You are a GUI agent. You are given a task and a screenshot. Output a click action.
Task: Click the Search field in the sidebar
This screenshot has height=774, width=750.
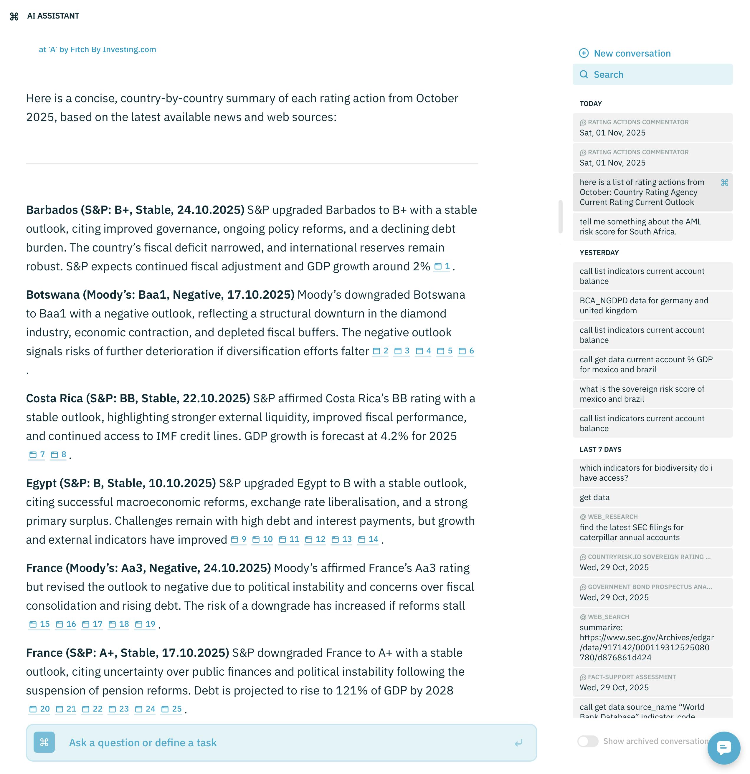(x=652, y=75)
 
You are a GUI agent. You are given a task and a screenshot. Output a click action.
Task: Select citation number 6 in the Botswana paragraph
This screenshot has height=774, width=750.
(x=466, y=351)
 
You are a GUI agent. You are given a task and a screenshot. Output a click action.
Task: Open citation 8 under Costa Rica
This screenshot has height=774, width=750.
(x=59, y=454)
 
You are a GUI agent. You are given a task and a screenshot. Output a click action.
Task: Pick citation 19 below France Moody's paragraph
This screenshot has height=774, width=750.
(x=145, y=624)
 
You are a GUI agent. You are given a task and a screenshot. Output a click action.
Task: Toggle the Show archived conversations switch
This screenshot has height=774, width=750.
(x=588, y=741)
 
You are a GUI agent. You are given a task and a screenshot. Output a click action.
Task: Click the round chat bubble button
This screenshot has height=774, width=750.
(x=723, y=747)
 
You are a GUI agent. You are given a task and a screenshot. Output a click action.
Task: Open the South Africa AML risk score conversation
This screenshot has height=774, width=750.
(x=652, y=227)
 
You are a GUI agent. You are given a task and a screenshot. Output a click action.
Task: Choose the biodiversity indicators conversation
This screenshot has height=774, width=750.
(x=652, y=473)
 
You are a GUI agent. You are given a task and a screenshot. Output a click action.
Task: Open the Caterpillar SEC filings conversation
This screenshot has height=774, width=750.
(x=652, y=527)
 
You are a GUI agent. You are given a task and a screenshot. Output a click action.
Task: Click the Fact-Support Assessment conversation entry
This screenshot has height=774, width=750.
(x=652, y=682)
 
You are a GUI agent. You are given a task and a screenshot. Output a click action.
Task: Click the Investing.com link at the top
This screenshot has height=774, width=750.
(x=98, y=50)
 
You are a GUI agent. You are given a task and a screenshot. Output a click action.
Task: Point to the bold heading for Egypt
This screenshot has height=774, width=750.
(x=121, y=483)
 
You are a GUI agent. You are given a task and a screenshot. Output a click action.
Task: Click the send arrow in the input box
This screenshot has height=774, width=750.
(x=518, y=743)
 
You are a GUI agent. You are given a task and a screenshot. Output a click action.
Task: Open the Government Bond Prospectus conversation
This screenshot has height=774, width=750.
(x=652, y=592)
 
